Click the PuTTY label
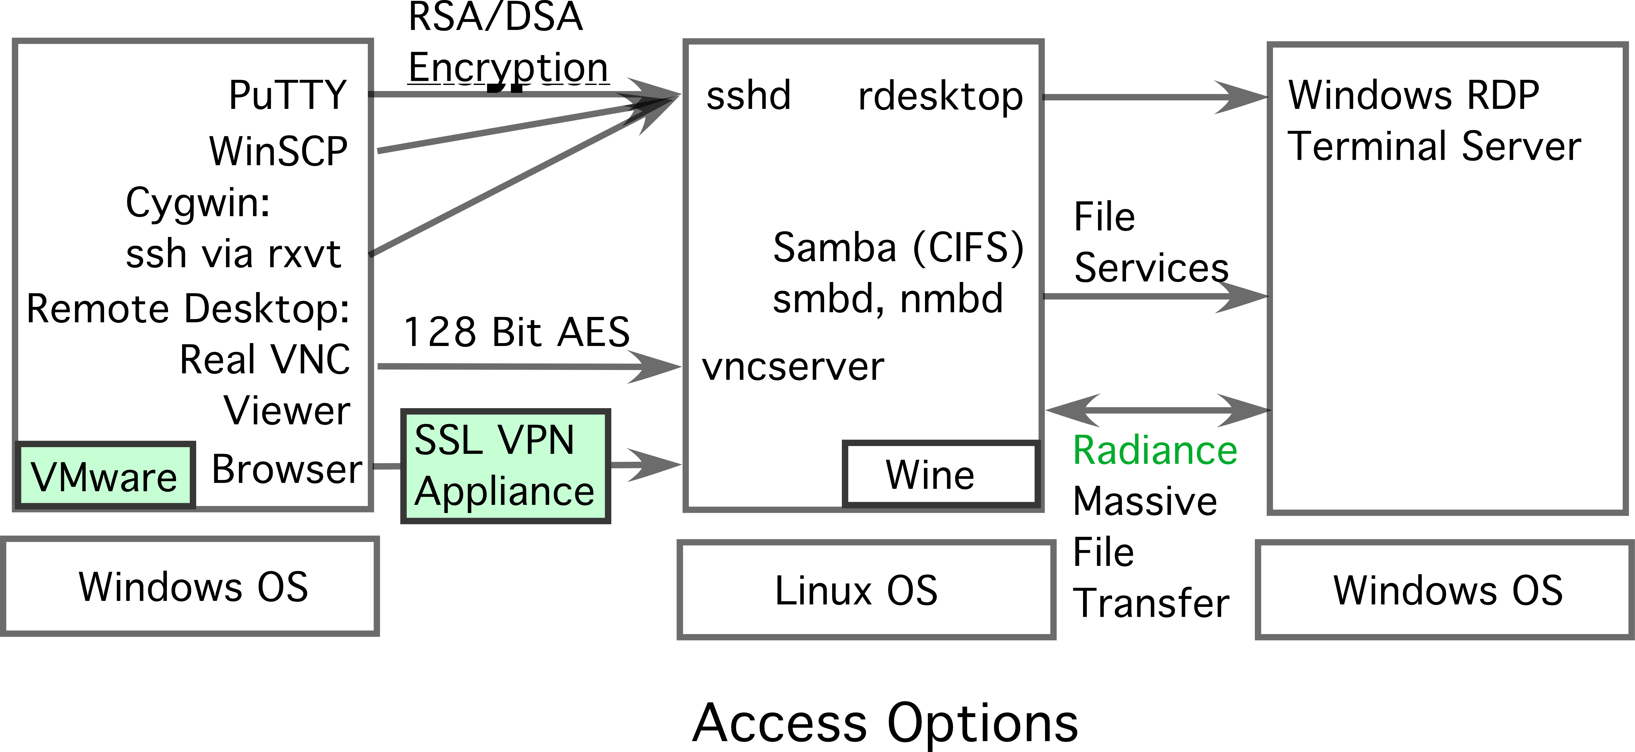coord(287,95)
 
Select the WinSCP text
coord(279,151)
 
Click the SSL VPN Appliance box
coord(505,466)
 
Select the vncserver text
coord(793,367)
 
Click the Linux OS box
coord(866,590)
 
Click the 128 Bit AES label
coord(516,332)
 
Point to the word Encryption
coord(508,68)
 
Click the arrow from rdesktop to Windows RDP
coord(1155,97)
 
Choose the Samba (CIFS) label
coord(898,248)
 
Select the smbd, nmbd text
coord(887,298)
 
